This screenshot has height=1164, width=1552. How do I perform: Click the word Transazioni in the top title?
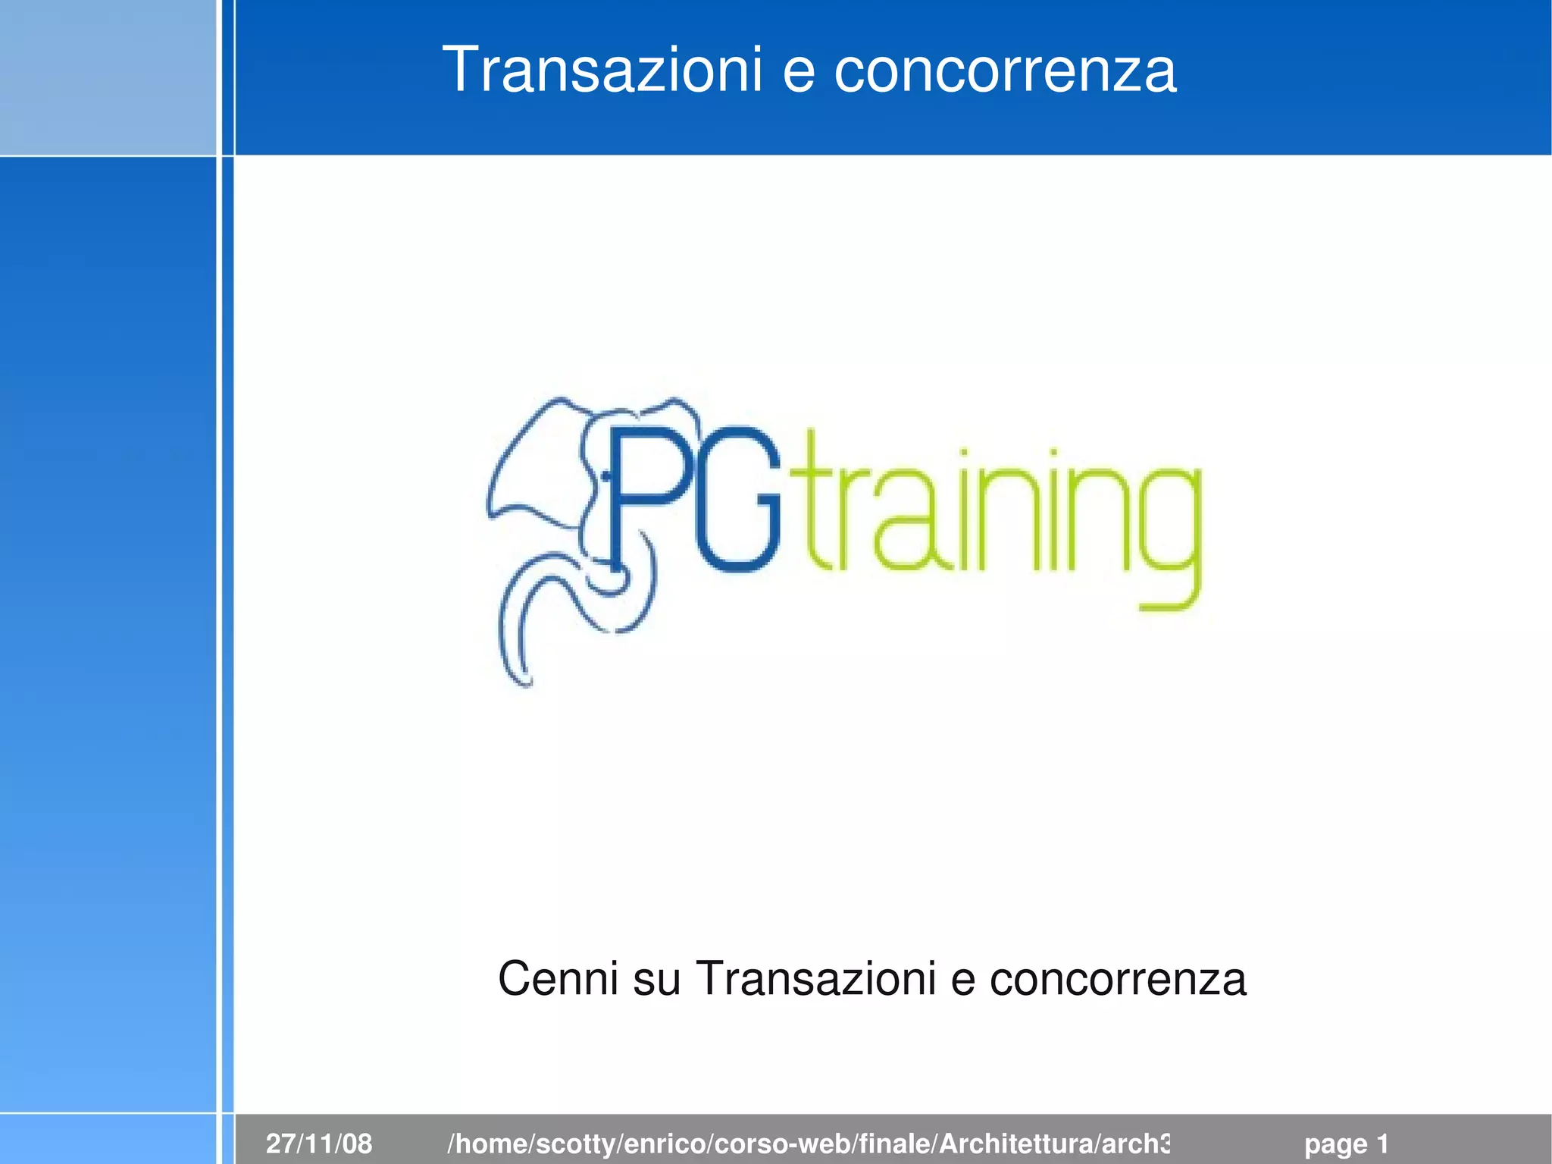click(602, 70)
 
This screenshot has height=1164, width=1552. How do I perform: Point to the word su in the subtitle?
click(656, 980)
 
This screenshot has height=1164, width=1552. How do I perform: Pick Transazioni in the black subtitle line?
click(815, 978)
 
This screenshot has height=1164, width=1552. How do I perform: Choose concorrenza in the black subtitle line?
click(1117, 980)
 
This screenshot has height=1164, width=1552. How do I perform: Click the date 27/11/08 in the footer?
click(319, 1143)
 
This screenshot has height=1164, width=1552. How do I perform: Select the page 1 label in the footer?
click(1346, 1144)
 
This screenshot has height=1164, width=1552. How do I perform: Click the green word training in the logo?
click(1000, 516)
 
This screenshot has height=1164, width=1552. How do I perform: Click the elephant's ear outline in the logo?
click(530, 463)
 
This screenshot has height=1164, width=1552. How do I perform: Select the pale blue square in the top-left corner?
click(108, 77)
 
